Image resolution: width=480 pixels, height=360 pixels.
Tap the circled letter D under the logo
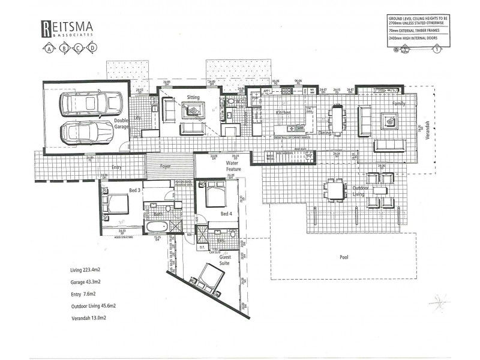(91, 48)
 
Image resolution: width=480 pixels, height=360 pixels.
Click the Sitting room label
(193, 97)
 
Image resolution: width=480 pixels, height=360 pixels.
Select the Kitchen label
(283, 113)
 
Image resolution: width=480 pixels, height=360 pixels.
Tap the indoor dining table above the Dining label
(338, 117)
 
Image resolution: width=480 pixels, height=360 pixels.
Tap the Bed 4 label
(226, 214)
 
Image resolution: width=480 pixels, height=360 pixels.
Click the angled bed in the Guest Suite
(207, 278)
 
